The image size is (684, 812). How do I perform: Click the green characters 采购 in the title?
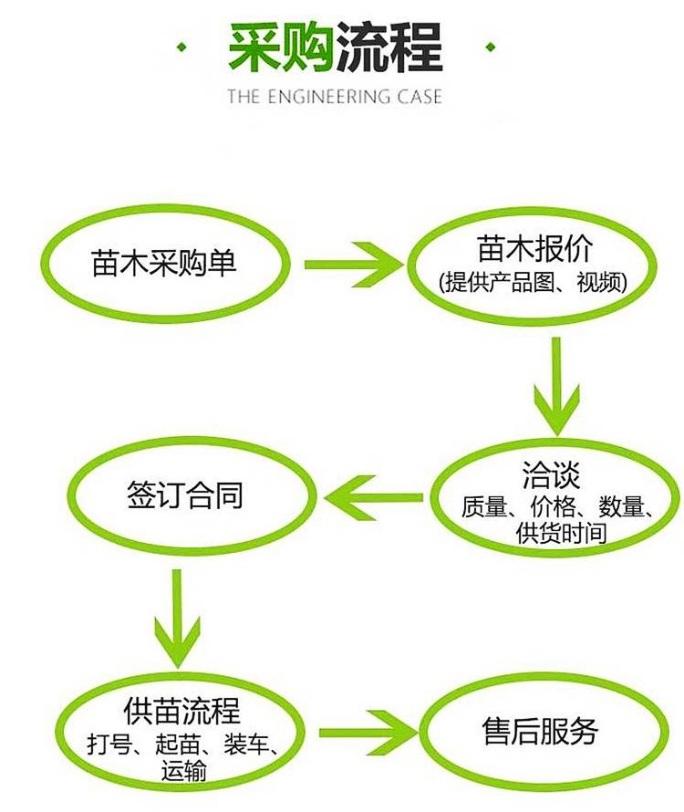(281, 47)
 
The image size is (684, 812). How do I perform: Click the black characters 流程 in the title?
(389, 47)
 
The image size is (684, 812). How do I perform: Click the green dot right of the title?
(490, 46)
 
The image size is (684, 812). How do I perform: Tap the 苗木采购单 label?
(164, 264)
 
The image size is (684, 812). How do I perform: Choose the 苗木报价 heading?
(534, 248)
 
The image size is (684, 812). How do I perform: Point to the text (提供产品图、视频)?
(534, 282)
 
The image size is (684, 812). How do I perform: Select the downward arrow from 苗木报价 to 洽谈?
(555, 386)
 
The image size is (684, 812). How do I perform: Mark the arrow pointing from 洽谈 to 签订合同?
(375, 497)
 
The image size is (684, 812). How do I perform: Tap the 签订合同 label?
(185, 498)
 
